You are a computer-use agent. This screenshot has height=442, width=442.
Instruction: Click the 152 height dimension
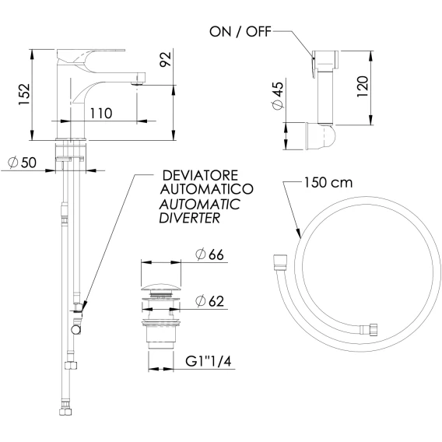click(x=24, y=94)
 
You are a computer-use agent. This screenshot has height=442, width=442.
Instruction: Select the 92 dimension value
click(x=166, y=59)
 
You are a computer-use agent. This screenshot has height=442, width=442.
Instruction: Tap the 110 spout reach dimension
click(x=101, y=114)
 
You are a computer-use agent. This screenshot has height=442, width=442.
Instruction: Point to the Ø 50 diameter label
click(x=23, y=163)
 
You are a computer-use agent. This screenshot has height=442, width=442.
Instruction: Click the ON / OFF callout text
click(x=240, y=32)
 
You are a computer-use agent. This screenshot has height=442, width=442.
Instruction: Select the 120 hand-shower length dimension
click(x=363, y=86)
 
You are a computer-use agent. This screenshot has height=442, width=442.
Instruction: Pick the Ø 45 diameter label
click(x=278, y=96)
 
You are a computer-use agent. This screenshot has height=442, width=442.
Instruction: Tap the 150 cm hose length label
click(x=328, y=182)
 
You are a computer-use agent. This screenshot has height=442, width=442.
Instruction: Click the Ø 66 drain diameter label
click(x=210, y=254)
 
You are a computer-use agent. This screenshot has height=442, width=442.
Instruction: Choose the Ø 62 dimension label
click(x=210, y=301)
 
